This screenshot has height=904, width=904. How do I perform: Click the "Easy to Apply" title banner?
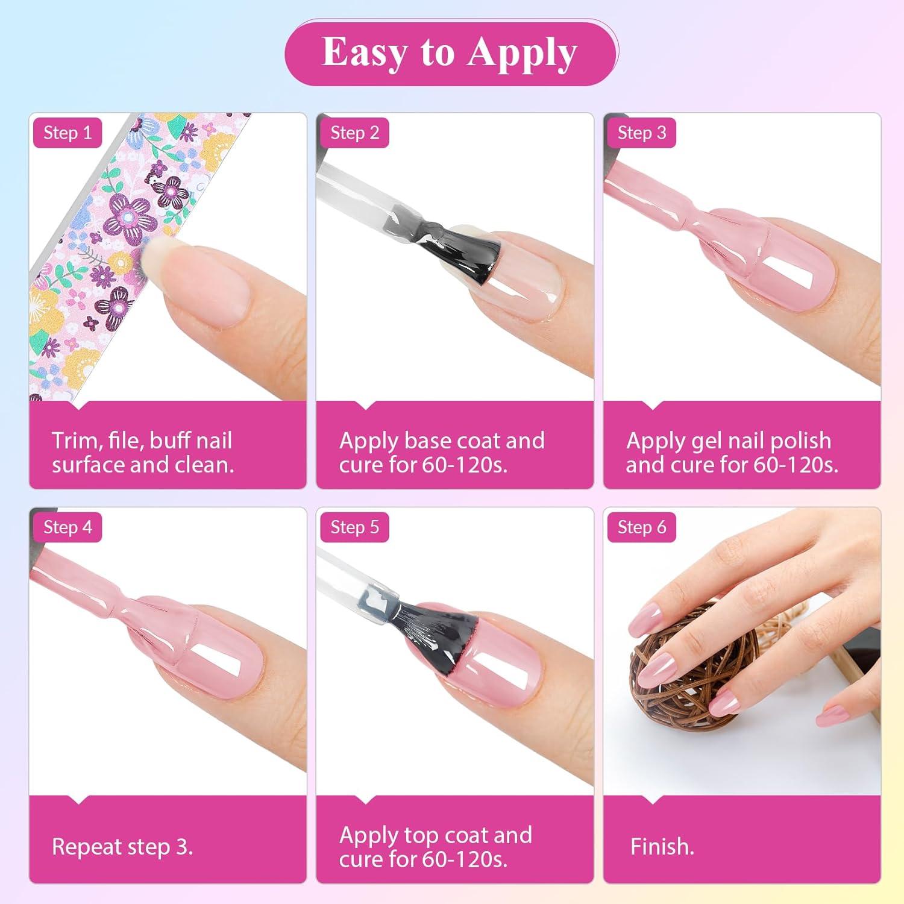(x=451, y=52)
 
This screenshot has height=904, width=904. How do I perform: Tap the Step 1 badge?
(x=67, y=133)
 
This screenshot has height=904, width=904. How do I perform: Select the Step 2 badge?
(x=354, y=133)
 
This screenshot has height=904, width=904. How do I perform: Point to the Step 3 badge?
(x=641, y=133)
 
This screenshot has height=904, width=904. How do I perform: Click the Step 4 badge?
(x=67, y=527)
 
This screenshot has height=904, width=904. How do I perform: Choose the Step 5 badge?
(x=354, y=527)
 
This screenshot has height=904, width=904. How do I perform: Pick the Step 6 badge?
(x=641, y=527)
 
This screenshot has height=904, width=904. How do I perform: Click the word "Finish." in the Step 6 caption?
(x=662, y=847)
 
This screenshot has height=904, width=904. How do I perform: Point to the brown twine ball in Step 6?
(x=687, y=675)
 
